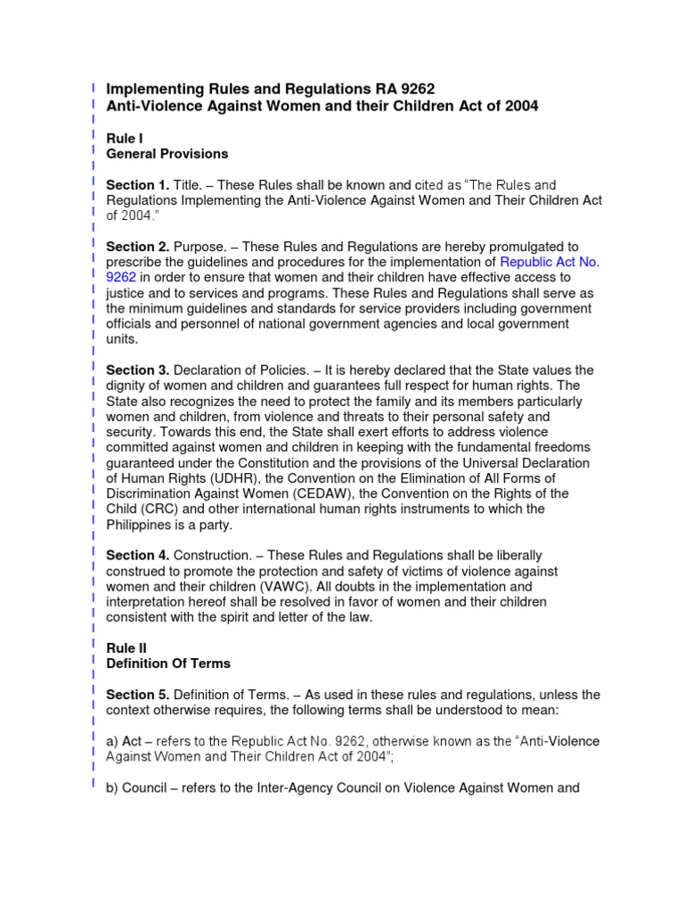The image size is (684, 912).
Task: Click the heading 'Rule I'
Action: tap(124, 138)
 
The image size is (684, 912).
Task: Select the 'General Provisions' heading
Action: tap(167, 153)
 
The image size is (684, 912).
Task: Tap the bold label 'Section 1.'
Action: tap(137, 184)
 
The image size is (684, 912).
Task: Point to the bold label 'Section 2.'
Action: tap(137, 246)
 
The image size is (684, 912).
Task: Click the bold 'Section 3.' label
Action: tap(137, 370)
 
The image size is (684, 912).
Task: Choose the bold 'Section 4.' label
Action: tap(137, 555)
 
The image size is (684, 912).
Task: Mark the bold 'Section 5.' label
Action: tap(137, 694)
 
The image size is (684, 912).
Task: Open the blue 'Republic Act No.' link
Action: tap(550, 262)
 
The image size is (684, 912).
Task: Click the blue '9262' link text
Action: tap(120, 277)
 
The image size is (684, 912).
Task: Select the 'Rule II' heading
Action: tap(126, 647)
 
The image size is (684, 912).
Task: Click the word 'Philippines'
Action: tap(139, 525)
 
